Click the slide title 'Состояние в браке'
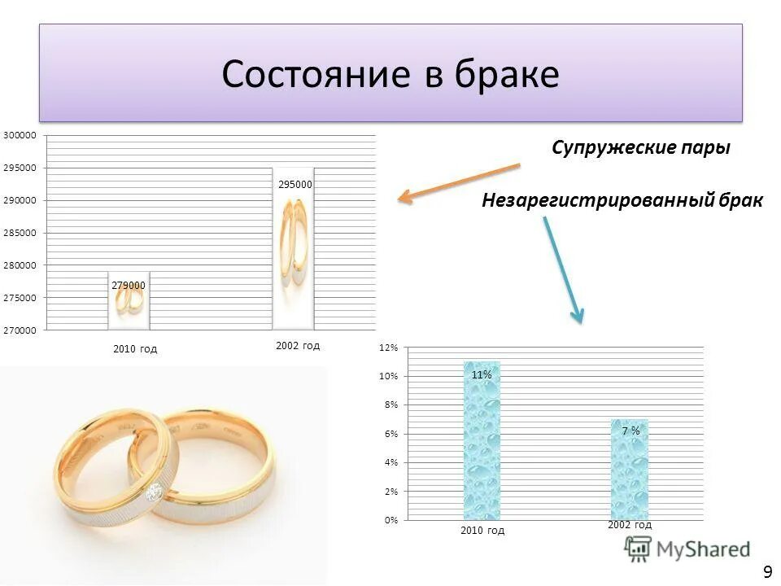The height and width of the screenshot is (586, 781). [x=390, y=75]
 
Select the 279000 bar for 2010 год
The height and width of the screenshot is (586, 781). [x=129, y=301]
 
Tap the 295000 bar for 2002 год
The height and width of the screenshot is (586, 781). [x=293, y=248]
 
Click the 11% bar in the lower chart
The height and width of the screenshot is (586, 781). [x=481, y=440]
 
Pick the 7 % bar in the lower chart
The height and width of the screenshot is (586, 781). [x=630, y=469]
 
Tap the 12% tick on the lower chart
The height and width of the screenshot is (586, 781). [x=388, y=348]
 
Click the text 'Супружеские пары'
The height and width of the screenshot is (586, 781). [x=640, y=148]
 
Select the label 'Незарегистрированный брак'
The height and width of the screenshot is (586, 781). [x=622, y=200]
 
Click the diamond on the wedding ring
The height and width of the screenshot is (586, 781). [x=153, y=492]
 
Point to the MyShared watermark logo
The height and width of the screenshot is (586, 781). [x=688, y=549]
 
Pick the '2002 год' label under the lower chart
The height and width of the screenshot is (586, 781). [x=629, y=525]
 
